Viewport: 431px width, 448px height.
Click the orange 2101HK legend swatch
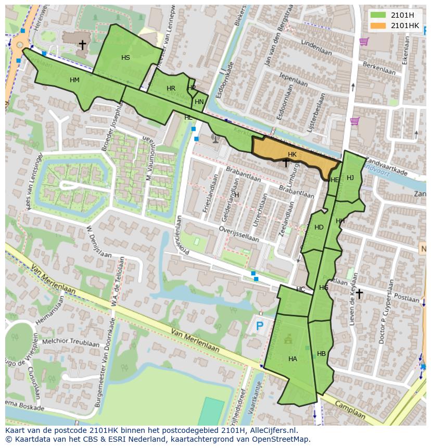coord(379,25)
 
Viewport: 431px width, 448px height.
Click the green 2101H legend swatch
coord(379,15)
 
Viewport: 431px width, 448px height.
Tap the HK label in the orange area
coord(292,155)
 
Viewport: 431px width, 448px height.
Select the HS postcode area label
coord(125,58)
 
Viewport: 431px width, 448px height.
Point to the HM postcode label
coord(74,80)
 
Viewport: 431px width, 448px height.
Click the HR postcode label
coord(171,88)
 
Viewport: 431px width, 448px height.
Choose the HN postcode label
coord(199,102)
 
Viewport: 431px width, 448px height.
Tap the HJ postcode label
coord(350,178)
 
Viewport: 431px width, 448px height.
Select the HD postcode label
coord(319,227)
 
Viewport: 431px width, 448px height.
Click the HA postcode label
coord(293,359)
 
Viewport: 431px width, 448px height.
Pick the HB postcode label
coord(321,354)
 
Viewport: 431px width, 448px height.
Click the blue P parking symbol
coord(259,326)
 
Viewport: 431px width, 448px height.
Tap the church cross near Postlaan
coord(359,294)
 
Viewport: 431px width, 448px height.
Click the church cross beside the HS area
coord(82,45)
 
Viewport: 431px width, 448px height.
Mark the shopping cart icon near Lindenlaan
coord(364,41)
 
